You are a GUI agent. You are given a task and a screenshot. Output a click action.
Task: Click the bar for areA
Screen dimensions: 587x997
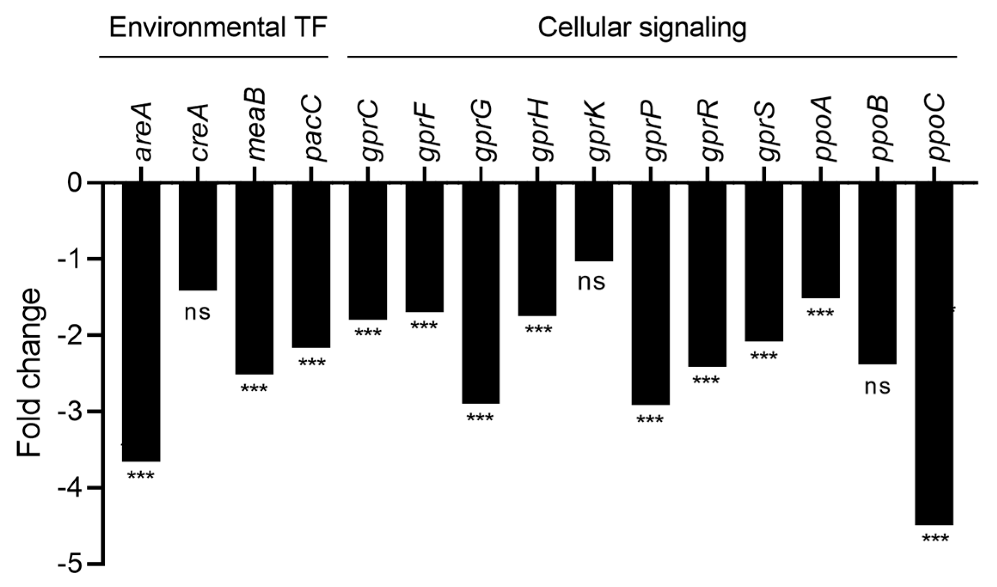tap(141, 322)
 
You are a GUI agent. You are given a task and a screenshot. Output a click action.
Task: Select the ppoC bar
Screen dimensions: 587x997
tap(934, 354)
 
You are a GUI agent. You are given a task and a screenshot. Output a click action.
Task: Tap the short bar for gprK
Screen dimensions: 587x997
tap(594, 222)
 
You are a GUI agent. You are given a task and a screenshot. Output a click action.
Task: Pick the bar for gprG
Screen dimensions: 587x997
tap(481, 293)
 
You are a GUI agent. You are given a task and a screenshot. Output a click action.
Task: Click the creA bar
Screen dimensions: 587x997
tap(198, 237)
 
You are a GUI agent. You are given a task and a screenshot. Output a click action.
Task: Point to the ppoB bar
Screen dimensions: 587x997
tap(878, 274)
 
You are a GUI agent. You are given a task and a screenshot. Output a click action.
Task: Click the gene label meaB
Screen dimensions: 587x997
tap(257, 125)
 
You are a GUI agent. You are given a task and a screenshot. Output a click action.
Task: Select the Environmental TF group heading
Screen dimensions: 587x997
tap(218, 28)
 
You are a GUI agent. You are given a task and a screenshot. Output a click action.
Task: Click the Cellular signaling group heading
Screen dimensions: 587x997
tap(642, 28)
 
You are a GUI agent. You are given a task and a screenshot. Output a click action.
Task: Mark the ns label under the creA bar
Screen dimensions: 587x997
tap(198, 312)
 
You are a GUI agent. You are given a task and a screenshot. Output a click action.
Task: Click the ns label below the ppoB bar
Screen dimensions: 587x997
tap(877, 387)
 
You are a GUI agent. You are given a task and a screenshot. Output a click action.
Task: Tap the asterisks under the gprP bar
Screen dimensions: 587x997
tap(650, 419)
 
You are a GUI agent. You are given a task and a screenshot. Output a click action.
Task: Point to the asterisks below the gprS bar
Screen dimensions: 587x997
tap(764, 356)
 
